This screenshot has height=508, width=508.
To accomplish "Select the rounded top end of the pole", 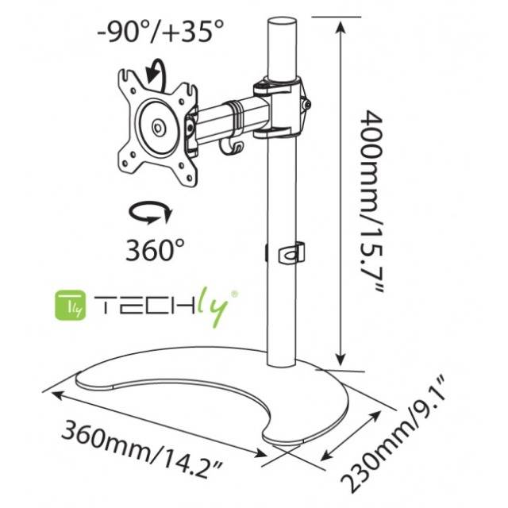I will pos(279,25).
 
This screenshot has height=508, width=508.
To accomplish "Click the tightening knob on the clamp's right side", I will pos(306,104).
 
